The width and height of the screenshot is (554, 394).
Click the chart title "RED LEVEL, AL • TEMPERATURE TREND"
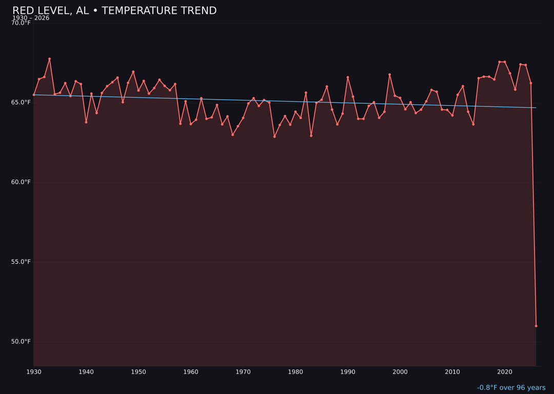point(114,11)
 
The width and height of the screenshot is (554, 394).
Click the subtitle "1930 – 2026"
point(31,18)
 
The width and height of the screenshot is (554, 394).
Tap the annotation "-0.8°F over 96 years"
point(511,388)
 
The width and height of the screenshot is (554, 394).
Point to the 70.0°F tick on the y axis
point(21,23)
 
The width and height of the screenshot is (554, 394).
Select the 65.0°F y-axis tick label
point(21,103)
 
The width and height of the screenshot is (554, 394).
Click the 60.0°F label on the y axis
point(21,182)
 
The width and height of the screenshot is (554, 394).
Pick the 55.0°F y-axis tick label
point(21,262)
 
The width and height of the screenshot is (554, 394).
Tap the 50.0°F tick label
point(21,342)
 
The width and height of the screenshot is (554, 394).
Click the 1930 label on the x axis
point(34,372)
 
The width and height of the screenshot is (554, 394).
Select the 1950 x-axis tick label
point(138,372)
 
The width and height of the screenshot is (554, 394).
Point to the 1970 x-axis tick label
point(243,372)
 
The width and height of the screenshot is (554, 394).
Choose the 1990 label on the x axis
point(348,372)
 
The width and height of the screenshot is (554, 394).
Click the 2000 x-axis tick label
point(400,372)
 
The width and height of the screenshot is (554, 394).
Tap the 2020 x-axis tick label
point(505,372)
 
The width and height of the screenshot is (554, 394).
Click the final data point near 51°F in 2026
point(536,326)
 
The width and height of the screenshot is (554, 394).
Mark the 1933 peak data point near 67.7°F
point(50,59)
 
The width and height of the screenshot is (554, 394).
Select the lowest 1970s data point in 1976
point(274,136)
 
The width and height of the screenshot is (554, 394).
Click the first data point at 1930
point(34,95)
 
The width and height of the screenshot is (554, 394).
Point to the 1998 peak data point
point(389,74)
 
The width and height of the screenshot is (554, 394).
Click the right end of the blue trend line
point(536,108)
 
